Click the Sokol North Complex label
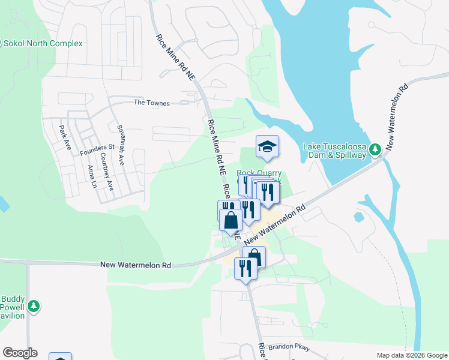[x=43, y=44]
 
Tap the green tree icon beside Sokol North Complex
[x=1, y=43]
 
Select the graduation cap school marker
[x=267, y=146]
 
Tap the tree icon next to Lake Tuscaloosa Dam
[x=375, y=149]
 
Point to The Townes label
[x=151, y=103]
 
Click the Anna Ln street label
[x=92, y=176]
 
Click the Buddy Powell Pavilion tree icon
[x=35, y=307]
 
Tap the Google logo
[x=20, y=353]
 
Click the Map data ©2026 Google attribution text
[x=411, y=355]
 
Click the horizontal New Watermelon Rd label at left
[x=136, y=265]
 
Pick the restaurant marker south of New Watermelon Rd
[x=245, y=268]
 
